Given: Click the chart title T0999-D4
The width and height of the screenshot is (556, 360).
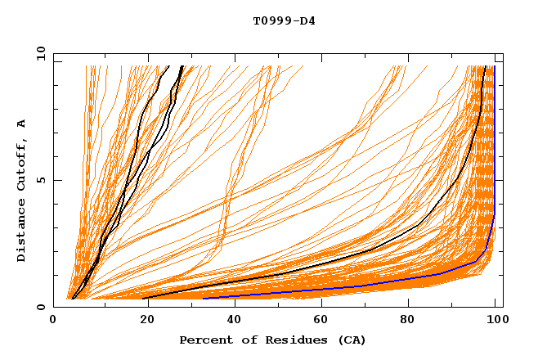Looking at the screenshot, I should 284,20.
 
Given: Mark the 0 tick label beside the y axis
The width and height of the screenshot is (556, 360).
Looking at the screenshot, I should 41,307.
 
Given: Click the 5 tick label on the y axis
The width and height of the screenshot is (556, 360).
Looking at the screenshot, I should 41,180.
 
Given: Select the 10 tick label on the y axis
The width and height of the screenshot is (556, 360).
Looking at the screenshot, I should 38,53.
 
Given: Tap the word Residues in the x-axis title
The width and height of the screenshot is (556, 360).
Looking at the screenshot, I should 280,340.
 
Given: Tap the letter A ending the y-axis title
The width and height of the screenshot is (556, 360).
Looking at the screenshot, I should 21,124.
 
